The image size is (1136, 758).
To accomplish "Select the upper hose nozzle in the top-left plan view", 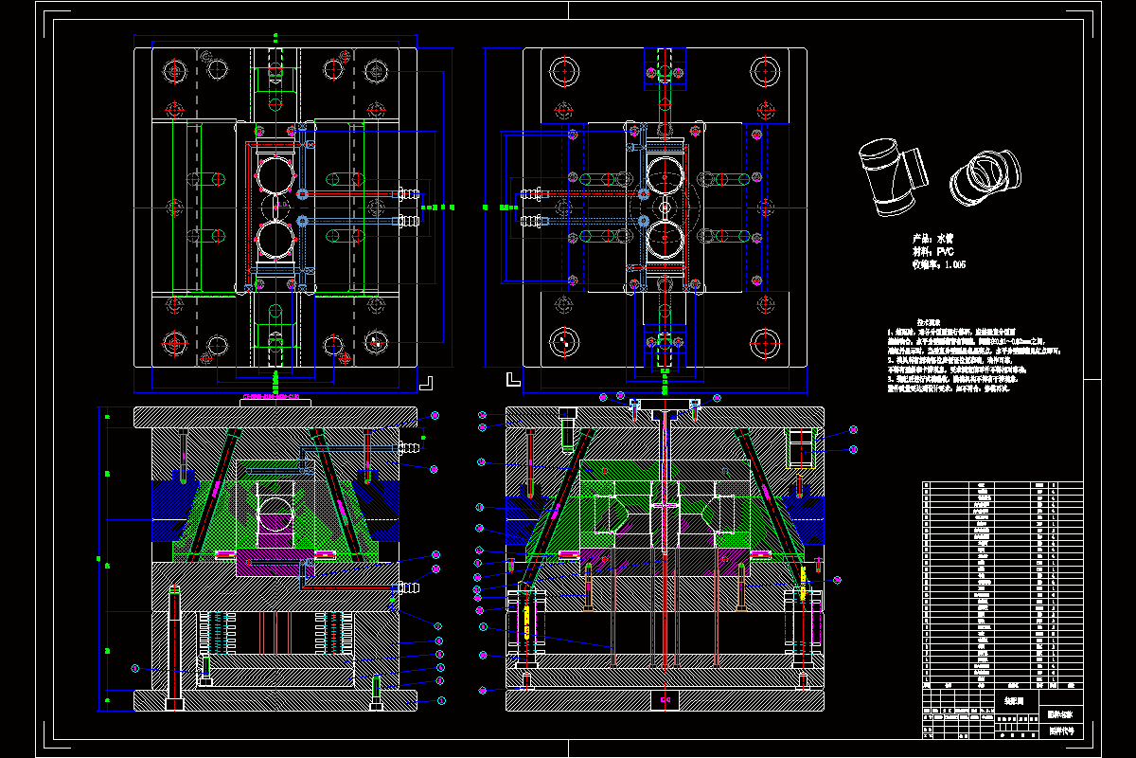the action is tap(410, 193).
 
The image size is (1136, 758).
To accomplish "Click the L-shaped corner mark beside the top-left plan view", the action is tap(427, 382).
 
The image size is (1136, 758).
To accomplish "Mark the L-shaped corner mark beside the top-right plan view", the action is tap(512, 380).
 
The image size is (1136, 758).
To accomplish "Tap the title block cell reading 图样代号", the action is tap(1061, 731).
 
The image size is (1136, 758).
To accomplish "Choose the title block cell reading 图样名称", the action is tap(1061, 713).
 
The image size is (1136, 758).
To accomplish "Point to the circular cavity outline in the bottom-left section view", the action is tap(275, 513).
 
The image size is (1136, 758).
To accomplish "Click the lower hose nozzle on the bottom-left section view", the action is tap(409, 588).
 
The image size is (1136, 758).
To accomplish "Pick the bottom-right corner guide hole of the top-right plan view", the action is tap(764, 342).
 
